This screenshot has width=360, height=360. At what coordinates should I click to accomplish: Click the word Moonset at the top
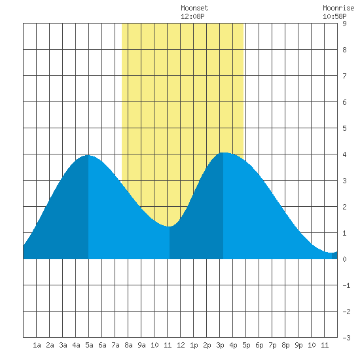(x=194, y=8)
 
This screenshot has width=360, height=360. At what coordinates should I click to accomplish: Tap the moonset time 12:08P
(x=192, y=16)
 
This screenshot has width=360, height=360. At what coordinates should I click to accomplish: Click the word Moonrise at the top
(x=338, y=8)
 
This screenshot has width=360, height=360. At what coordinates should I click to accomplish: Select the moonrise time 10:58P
(x=334, y=16)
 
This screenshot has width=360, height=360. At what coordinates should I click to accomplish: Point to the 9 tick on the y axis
(x=344, y=24)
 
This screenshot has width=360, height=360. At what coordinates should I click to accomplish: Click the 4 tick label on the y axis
(x=344, y=154)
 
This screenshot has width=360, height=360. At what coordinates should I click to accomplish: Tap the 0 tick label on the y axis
(x=344, y=259)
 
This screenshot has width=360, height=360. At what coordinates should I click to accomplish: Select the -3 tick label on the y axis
(x=346, y=338)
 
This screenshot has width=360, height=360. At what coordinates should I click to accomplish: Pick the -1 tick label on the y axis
(x=346, y=285)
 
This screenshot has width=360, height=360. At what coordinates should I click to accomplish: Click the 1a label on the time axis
(x=37, y=345)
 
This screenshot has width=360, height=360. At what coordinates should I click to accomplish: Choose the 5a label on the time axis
(x=89, y=345)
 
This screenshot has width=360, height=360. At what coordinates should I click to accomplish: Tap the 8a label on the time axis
(x=128, y=345)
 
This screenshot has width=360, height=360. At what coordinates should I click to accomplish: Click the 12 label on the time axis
(x=181, y=345)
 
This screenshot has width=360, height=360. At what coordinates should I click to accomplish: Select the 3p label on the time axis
(x=220, y=345)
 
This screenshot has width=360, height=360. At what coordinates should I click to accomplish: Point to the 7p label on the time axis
(x=272, y=345)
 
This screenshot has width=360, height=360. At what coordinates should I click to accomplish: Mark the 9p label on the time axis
(x=298, y=345)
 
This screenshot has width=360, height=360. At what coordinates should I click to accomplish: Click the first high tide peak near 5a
(x=88, y=155)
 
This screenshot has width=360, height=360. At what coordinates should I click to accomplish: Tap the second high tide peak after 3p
(x=223, y=153)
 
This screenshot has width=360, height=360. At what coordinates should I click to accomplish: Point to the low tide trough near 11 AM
(x=170, y=226)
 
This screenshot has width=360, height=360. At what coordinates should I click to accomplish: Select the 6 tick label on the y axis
(x=344, y=102)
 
